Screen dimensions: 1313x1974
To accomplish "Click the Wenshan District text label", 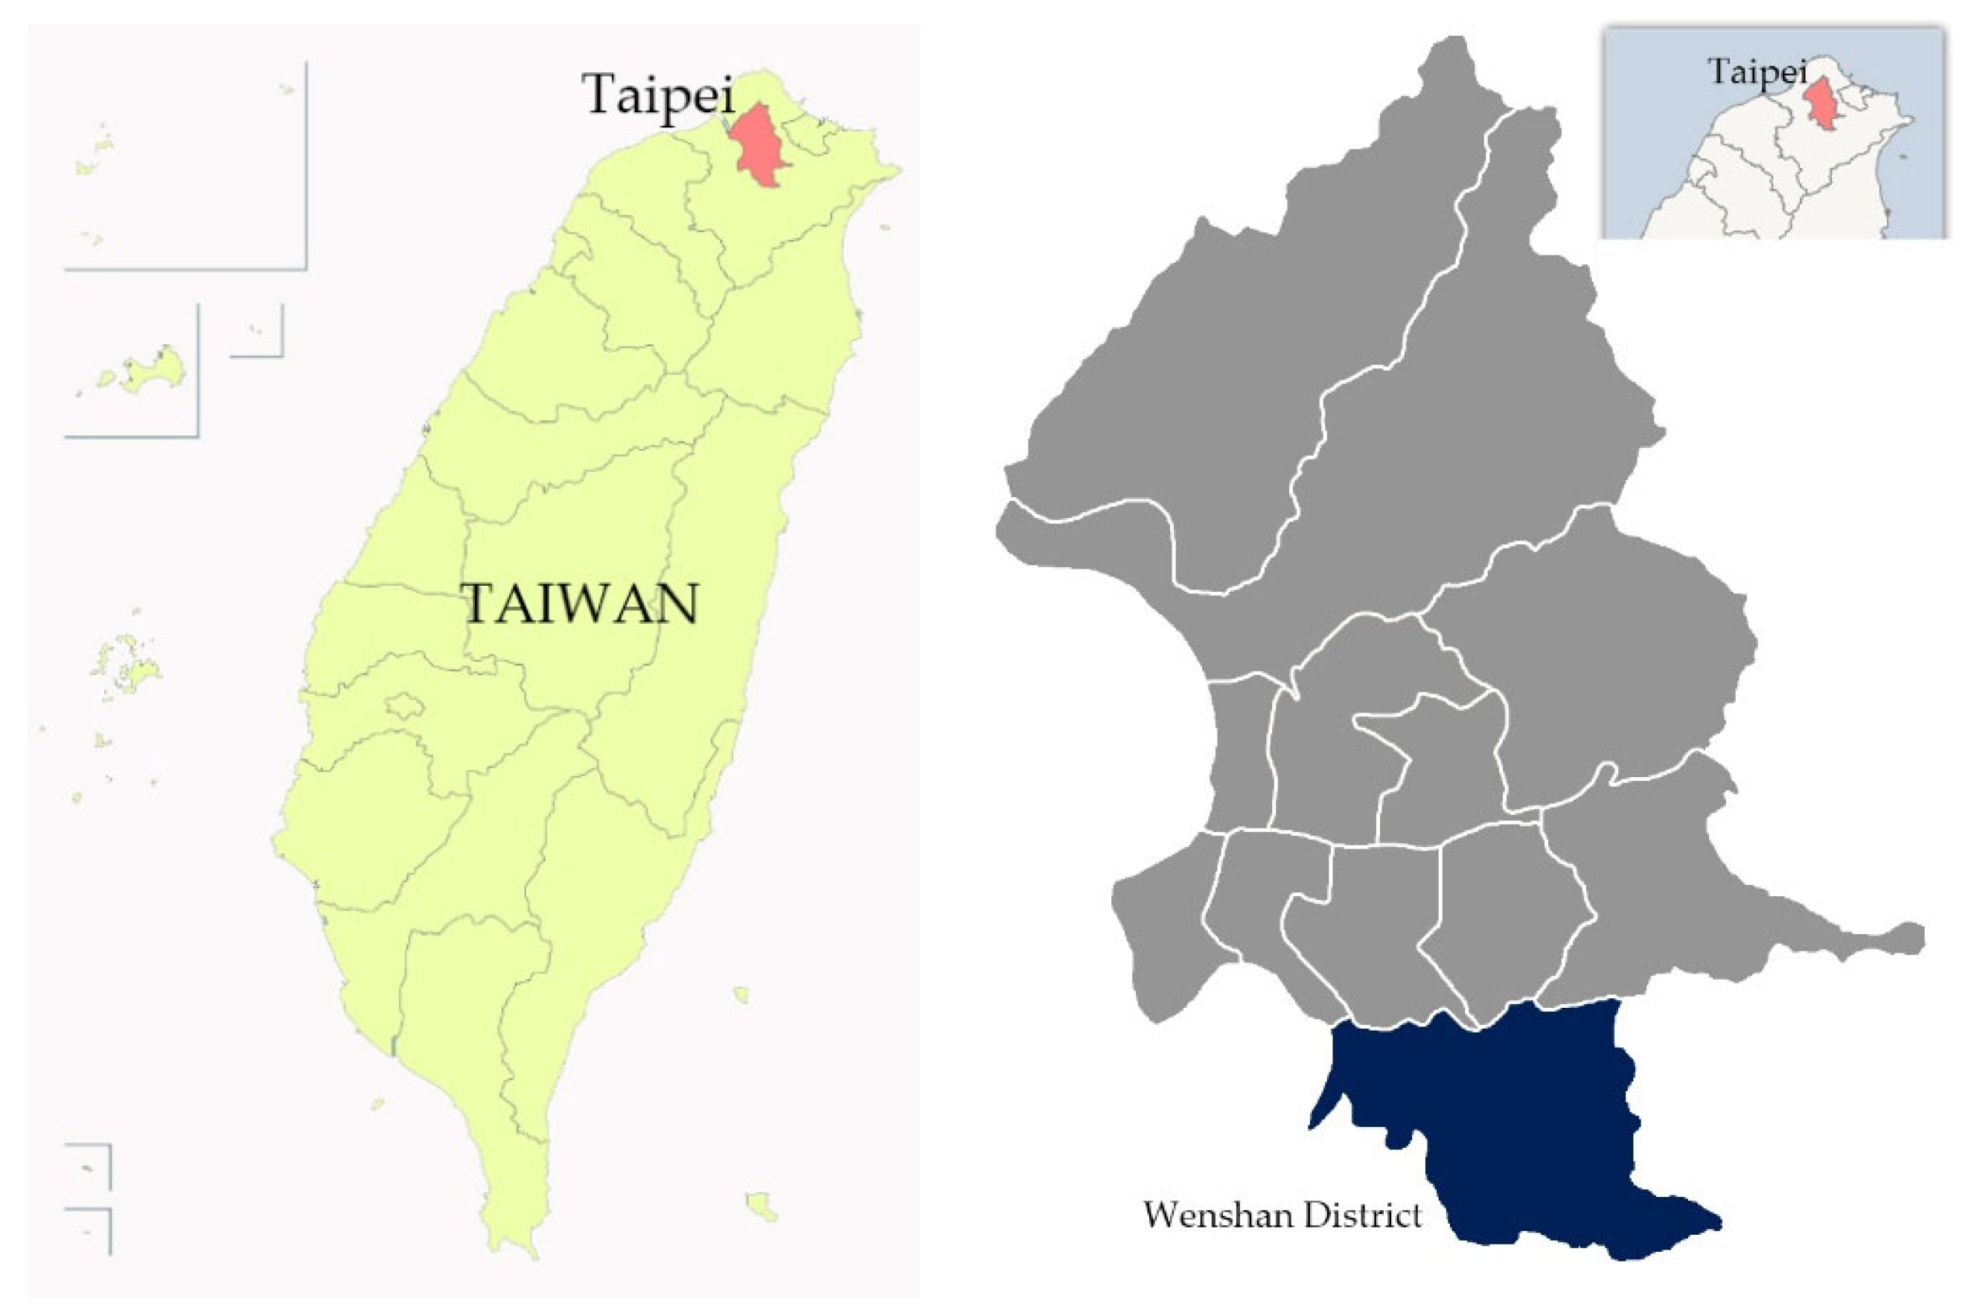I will (x=1283, y=1214).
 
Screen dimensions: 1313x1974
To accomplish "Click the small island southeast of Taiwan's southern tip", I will (x=761, y=1207).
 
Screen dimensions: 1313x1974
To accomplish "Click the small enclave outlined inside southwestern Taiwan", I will (x=405, y=706).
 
